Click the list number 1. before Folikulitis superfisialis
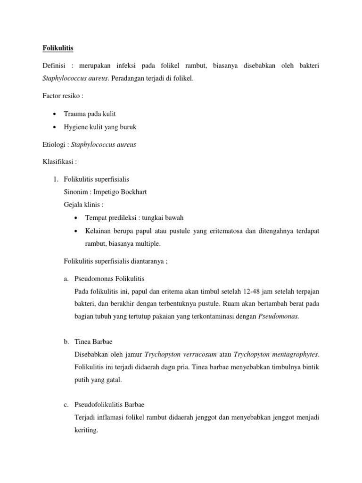point(55,180)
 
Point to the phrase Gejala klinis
point(83,204)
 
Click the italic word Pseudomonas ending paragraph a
point(279,316)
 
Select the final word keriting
point(86,430)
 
